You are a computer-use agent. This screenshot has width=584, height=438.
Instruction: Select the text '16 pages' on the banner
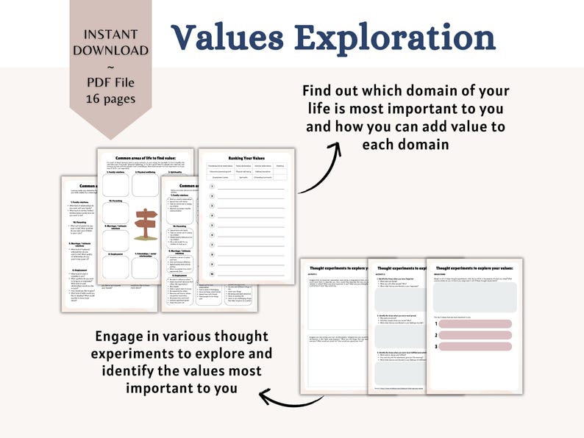point(110,98)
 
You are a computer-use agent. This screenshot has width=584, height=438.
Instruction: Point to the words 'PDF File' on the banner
point(110,82)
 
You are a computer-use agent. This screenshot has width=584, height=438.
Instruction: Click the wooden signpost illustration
point(146,223)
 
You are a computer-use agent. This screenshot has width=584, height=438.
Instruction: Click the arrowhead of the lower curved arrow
point(263,398)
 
